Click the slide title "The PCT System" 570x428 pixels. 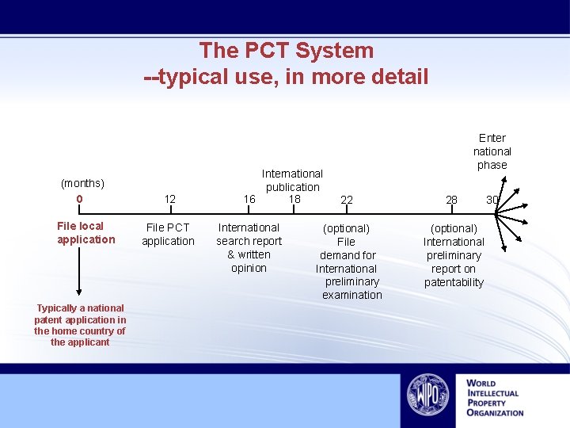[286, 51]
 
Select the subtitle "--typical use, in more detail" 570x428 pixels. [286, 77]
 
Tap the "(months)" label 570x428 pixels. [82, 183]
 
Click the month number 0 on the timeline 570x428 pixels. [79, 198]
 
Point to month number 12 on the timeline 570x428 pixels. [169, 200]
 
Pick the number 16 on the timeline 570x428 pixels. [249, 200]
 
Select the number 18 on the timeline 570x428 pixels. [294, 198]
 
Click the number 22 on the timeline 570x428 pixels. [346, 201]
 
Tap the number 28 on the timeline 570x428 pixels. [451, 200]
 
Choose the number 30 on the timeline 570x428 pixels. [492, 200]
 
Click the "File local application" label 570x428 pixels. [85, 233]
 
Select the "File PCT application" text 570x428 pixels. [168, 235]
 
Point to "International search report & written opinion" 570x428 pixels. [249, 248]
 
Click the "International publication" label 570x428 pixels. [292, 180]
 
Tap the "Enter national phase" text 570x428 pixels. [492, 151]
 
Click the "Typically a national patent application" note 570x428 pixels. [80, 325]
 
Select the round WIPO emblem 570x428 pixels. [427, 395]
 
